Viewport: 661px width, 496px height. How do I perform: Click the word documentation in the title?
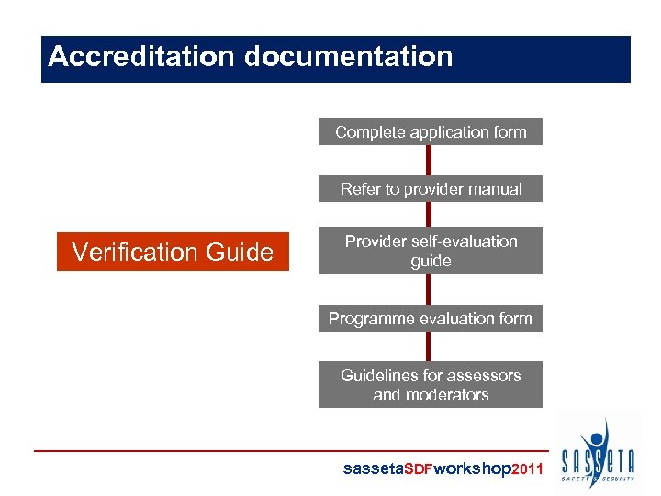349,57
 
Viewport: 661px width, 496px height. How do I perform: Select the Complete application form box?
431,132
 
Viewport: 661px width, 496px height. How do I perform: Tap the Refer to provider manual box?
431,189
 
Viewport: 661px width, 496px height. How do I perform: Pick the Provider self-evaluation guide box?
431,251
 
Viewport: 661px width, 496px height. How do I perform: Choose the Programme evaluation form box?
431,319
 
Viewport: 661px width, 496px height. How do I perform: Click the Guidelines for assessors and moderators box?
431,385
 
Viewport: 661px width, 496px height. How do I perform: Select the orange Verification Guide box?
173,252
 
